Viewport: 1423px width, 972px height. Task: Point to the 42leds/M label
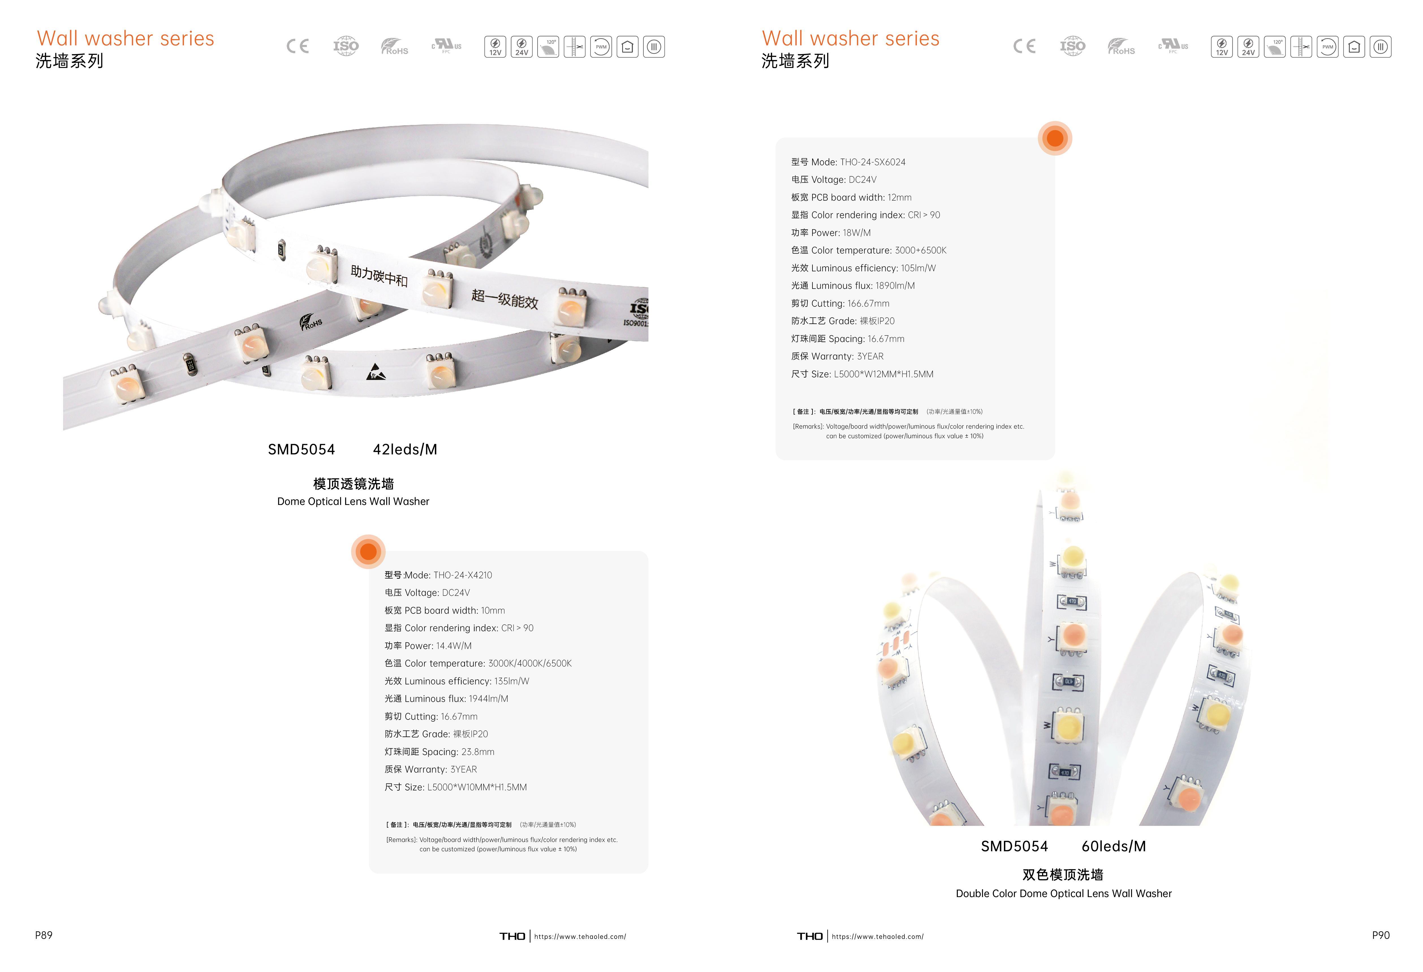pos(405,449)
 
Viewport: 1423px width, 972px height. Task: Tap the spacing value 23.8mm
pos(478,752)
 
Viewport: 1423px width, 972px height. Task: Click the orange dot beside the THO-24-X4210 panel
pos(368,552)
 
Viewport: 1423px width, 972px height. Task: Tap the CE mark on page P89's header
pos(297,46)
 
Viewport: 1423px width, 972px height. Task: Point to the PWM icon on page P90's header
pos(1327,47)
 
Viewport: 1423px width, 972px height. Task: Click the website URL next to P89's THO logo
pos(580,936)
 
